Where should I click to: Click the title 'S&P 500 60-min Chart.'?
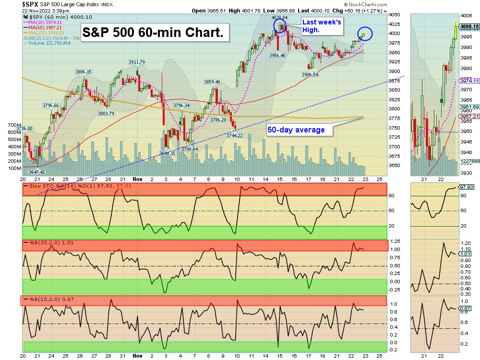pyautogui.click(x=153, y=33)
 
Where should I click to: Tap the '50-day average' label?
pyautogui.click(x=296, y=130)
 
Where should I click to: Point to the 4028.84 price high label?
pyautogui.click(x=279, y=17)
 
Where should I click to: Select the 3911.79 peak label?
pyautogui.click(x=136, y=62)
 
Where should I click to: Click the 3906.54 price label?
pyautogui.click(x=310, y=75)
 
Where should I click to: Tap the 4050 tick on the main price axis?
pyautogui.click(x=395, y=15)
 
